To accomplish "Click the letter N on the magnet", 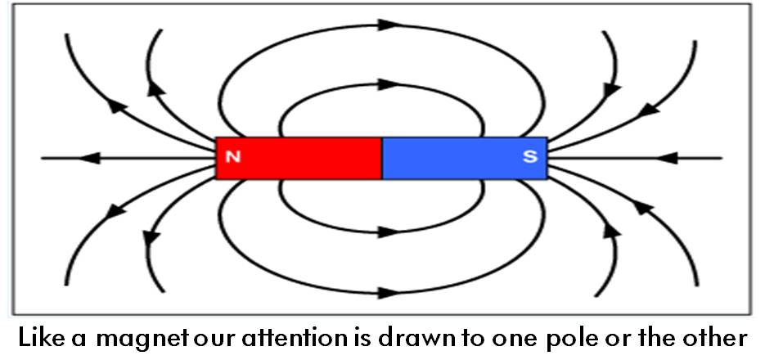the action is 234,157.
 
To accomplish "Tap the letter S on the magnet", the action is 530,157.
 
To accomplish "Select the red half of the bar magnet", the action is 299,158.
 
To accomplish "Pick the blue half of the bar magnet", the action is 465,158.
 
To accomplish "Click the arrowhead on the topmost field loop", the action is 389,25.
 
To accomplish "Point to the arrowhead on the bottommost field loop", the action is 389,293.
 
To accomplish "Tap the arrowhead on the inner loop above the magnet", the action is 389,84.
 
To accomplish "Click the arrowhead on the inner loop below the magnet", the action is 389,232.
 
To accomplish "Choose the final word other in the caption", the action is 714,337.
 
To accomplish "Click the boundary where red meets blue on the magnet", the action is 382,158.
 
